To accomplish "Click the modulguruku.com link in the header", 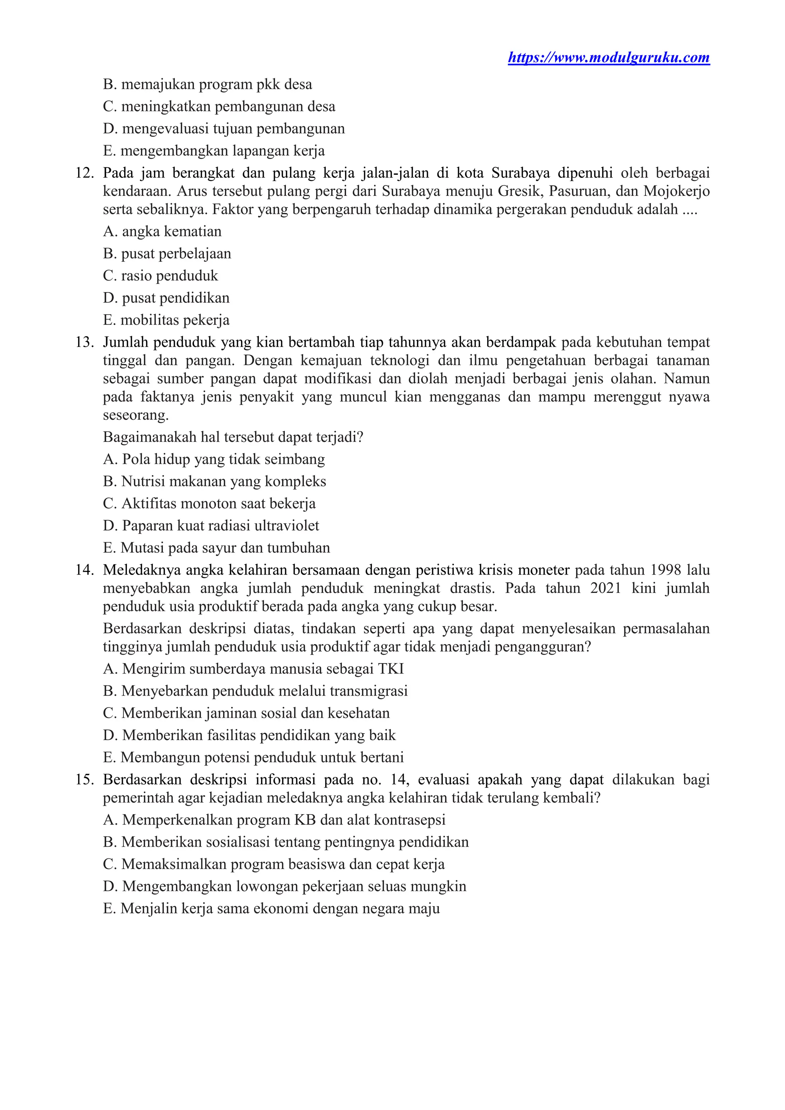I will pos(609,58).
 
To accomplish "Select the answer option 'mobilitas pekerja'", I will pos(166,320).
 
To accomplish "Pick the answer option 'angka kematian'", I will pos(163,232).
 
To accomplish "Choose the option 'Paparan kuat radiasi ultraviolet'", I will pos(211,525).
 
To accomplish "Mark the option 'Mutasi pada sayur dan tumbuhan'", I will pos(217,548).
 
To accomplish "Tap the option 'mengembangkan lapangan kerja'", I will pos(213,151).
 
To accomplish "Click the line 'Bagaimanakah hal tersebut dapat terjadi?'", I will pos(233,437).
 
